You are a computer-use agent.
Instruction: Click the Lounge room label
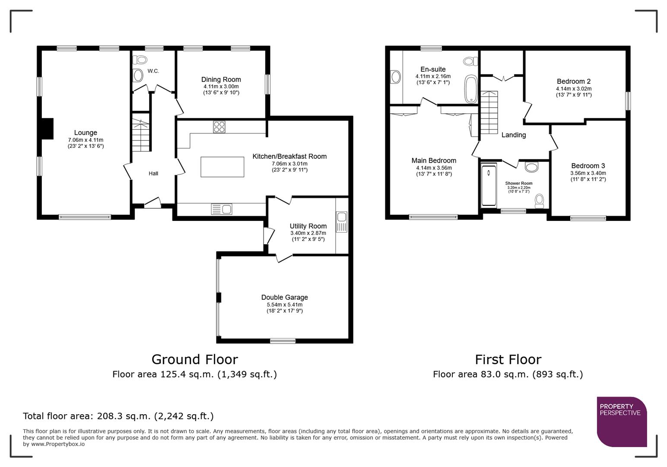[x=86, y=133]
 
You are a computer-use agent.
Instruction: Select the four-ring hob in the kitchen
[x=219, y=127]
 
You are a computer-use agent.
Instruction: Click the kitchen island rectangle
[x=222, y=167]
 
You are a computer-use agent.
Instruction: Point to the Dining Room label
[x=221, y=80]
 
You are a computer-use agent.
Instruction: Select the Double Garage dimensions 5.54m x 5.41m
[x=284, y=305]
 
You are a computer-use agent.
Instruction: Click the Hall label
[x=153, y=173]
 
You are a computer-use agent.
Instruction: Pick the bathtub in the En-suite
[x=470, y=89]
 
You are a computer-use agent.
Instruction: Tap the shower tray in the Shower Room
[x=489, y=185]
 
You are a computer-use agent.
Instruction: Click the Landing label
[x=513, y=135]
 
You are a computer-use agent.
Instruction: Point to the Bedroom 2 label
[x=573, y=81]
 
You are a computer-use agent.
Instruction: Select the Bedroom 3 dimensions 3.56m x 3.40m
[x=588, y=173]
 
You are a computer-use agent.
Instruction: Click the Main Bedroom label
[x=434, y=160]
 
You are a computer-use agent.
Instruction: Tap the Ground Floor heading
[x=194, y=359]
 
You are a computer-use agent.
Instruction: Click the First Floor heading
[x=508, y=359]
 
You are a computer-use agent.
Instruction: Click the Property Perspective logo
[x=621, y=421]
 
